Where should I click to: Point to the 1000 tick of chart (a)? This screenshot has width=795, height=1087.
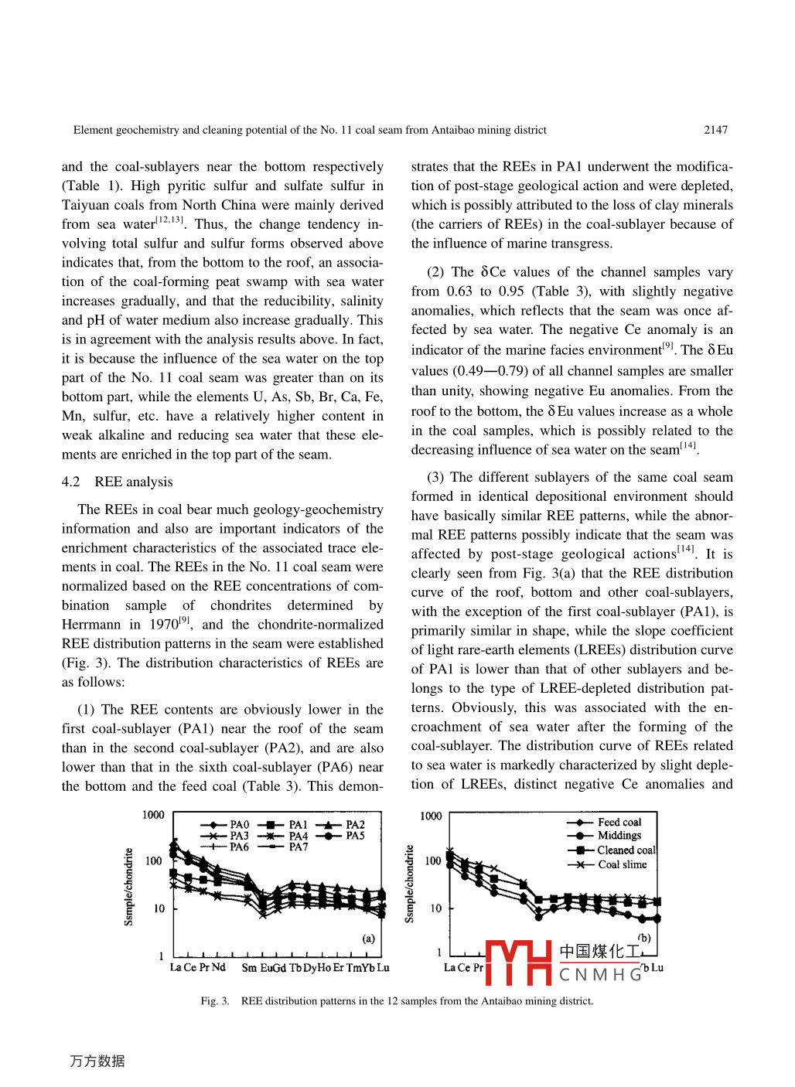[153, 815]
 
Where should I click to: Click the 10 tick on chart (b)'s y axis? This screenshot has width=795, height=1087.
[436, 908]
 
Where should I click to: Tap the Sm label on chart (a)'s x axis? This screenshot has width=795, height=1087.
[249, 968]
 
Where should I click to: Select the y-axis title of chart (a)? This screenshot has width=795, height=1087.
[129, 887]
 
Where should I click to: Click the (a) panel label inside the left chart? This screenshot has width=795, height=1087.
[369, 939]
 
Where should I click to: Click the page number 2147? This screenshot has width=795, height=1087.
[715, 130]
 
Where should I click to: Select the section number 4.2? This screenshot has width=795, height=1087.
[70, 482]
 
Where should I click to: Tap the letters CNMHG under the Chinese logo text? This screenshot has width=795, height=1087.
[601, 974]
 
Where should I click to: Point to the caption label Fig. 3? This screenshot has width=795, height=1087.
[215, 1001]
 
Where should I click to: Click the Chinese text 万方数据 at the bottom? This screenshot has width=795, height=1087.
[97, 1061]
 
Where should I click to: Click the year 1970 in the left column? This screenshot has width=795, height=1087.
[163, 625]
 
